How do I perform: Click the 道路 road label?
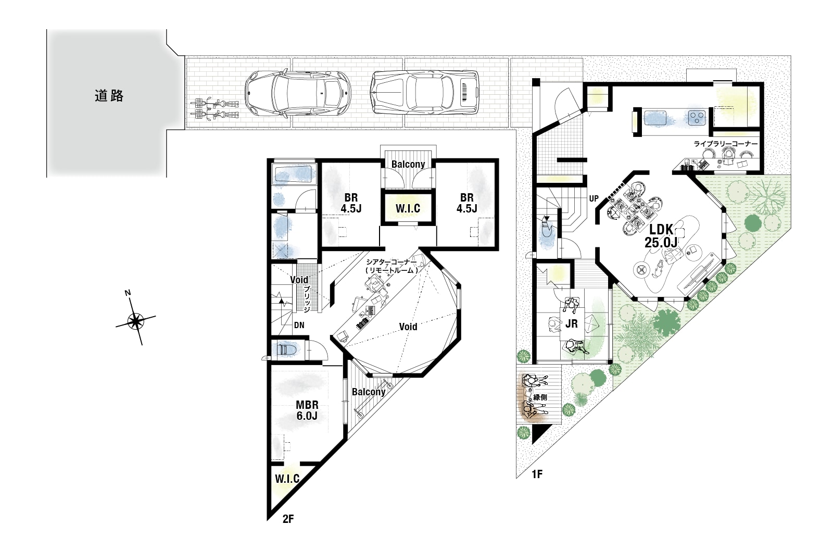(109, 96)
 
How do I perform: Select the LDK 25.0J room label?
(661, 236)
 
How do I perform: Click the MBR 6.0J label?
(307, 410)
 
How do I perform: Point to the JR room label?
(572, 324)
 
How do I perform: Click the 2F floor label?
(288, 519)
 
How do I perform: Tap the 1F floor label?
(537, 474)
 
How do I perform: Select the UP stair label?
(594, 199)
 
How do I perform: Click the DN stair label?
(299, 325)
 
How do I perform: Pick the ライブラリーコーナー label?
(726, 144)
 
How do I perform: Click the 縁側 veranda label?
(540, 397)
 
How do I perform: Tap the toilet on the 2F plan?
(285, 350)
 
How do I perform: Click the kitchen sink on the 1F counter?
(655, 118)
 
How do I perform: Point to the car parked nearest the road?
(297, 93)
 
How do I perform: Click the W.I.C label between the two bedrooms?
(408, 208)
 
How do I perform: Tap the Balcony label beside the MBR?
(369, 392)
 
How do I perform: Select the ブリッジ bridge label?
(307, 299)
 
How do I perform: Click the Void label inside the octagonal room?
(408, 327)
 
